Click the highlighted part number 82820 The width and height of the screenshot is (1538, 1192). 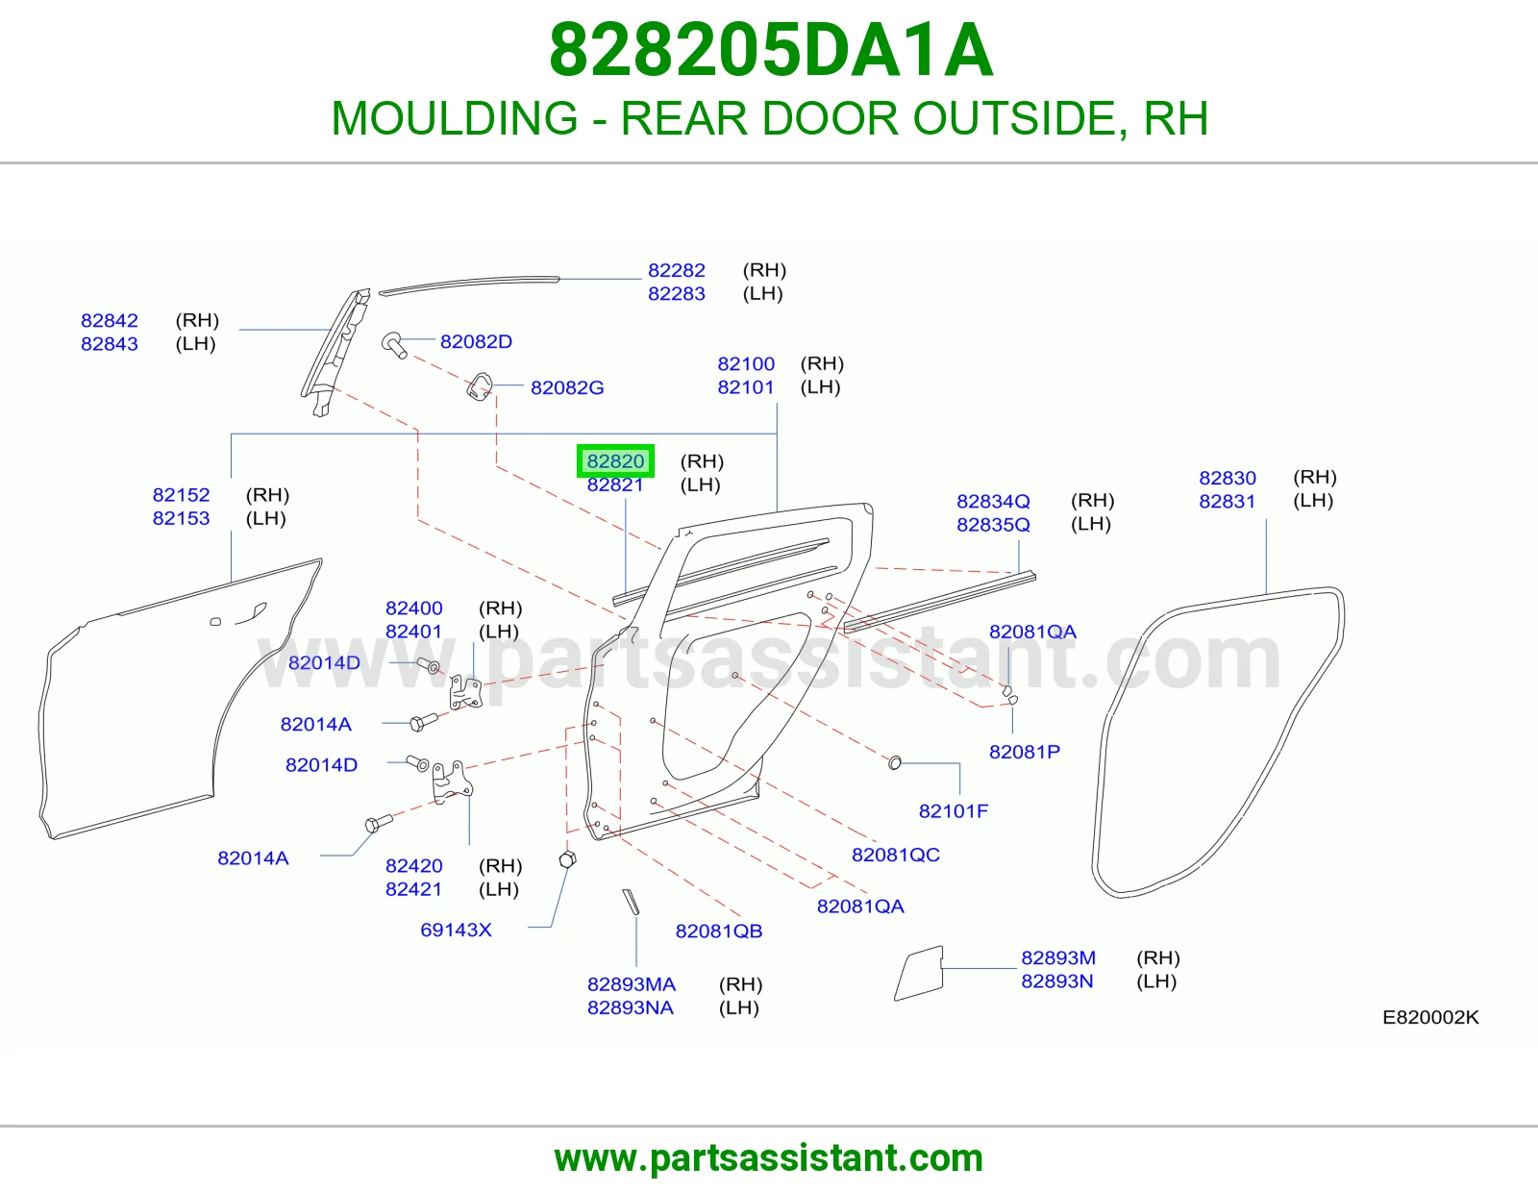click(615, 461)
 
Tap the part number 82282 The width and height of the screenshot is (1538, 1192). click(677, 270)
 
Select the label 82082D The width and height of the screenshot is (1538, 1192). click(477, 342)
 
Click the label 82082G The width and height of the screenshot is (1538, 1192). click(567, 388)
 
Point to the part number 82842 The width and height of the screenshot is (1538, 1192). click(109, 321)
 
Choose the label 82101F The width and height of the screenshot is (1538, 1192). click(954, 811)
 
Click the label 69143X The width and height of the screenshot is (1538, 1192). click(456, 931)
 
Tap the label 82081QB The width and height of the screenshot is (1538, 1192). click(719, 931)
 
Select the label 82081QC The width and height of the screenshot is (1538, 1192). click(896, 856)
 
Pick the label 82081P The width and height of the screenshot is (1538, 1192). click(1025, 752)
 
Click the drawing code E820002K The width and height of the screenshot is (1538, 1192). click(1430, 1017)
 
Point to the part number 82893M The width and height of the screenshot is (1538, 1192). click(1058, 957)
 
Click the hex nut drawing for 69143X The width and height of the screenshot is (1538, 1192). click(568, 860)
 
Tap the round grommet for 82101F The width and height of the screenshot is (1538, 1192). click(895, 762)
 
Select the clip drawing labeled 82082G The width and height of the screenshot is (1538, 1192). click(479, 387)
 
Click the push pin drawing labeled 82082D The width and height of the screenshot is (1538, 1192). click(394, 345)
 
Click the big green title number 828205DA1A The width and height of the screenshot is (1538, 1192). click(772, 50)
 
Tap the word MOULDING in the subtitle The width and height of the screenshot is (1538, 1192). click(455, 118)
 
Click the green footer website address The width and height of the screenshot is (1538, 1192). click(769, 1158)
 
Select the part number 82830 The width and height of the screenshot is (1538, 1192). click(1228, 478)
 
